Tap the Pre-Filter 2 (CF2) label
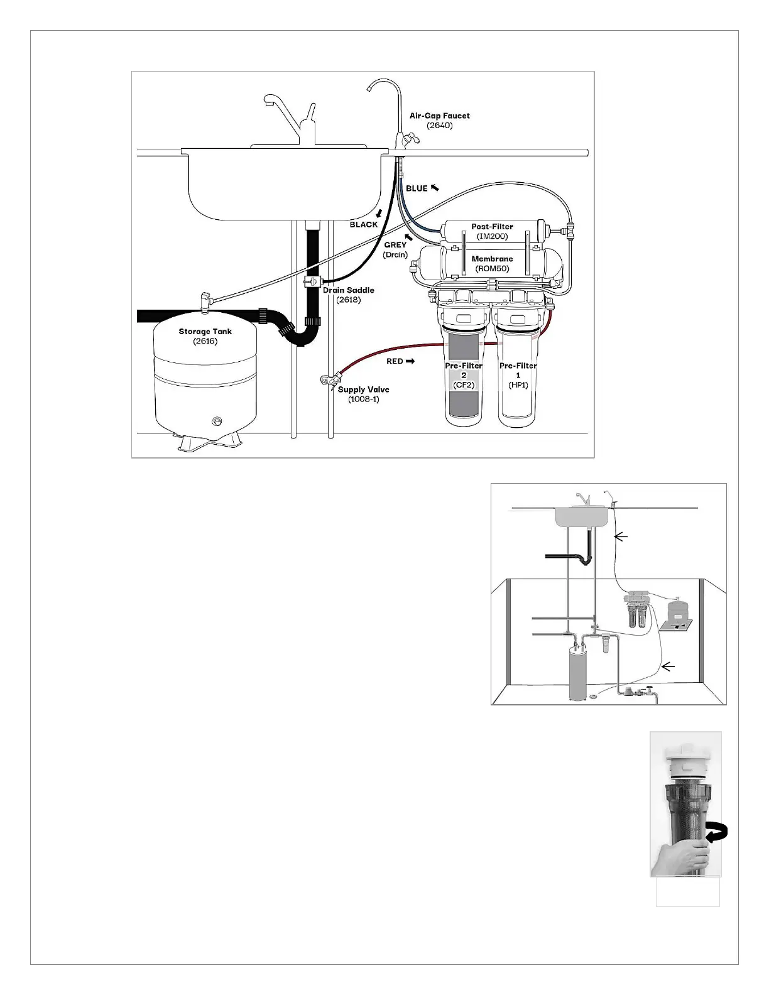[464, 375]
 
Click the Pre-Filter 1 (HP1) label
[518, 375]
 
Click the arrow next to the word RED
[410, 361]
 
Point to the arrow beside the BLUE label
[435, 187]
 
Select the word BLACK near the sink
[364, 224]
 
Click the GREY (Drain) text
[395, 249]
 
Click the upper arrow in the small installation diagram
[620, 536]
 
